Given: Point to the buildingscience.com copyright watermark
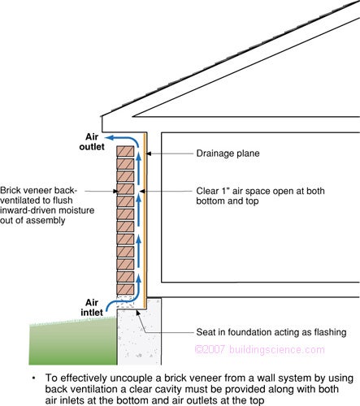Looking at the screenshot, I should [x=259, y=349].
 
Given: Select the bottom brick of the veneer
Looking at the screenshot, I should [x=125, y=288].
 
